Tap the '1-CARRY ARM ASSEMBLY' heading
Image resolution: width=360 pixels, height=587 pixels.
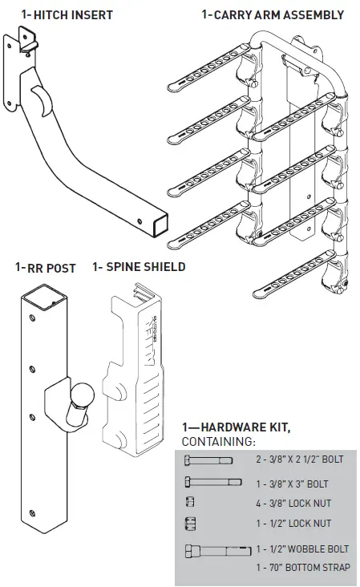[x=273, y=14]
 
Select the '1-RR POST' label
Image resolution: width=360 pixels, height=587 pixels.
[x=45, y=268]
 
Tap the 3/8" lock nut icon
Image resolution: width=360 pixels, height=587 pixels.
[x=190, y=504]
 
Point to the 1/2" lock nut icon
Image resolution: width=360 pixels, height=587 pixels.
[x=191, y=524]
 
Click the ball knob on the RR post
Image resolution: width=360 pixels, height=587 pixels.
[x=82, y=397]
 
